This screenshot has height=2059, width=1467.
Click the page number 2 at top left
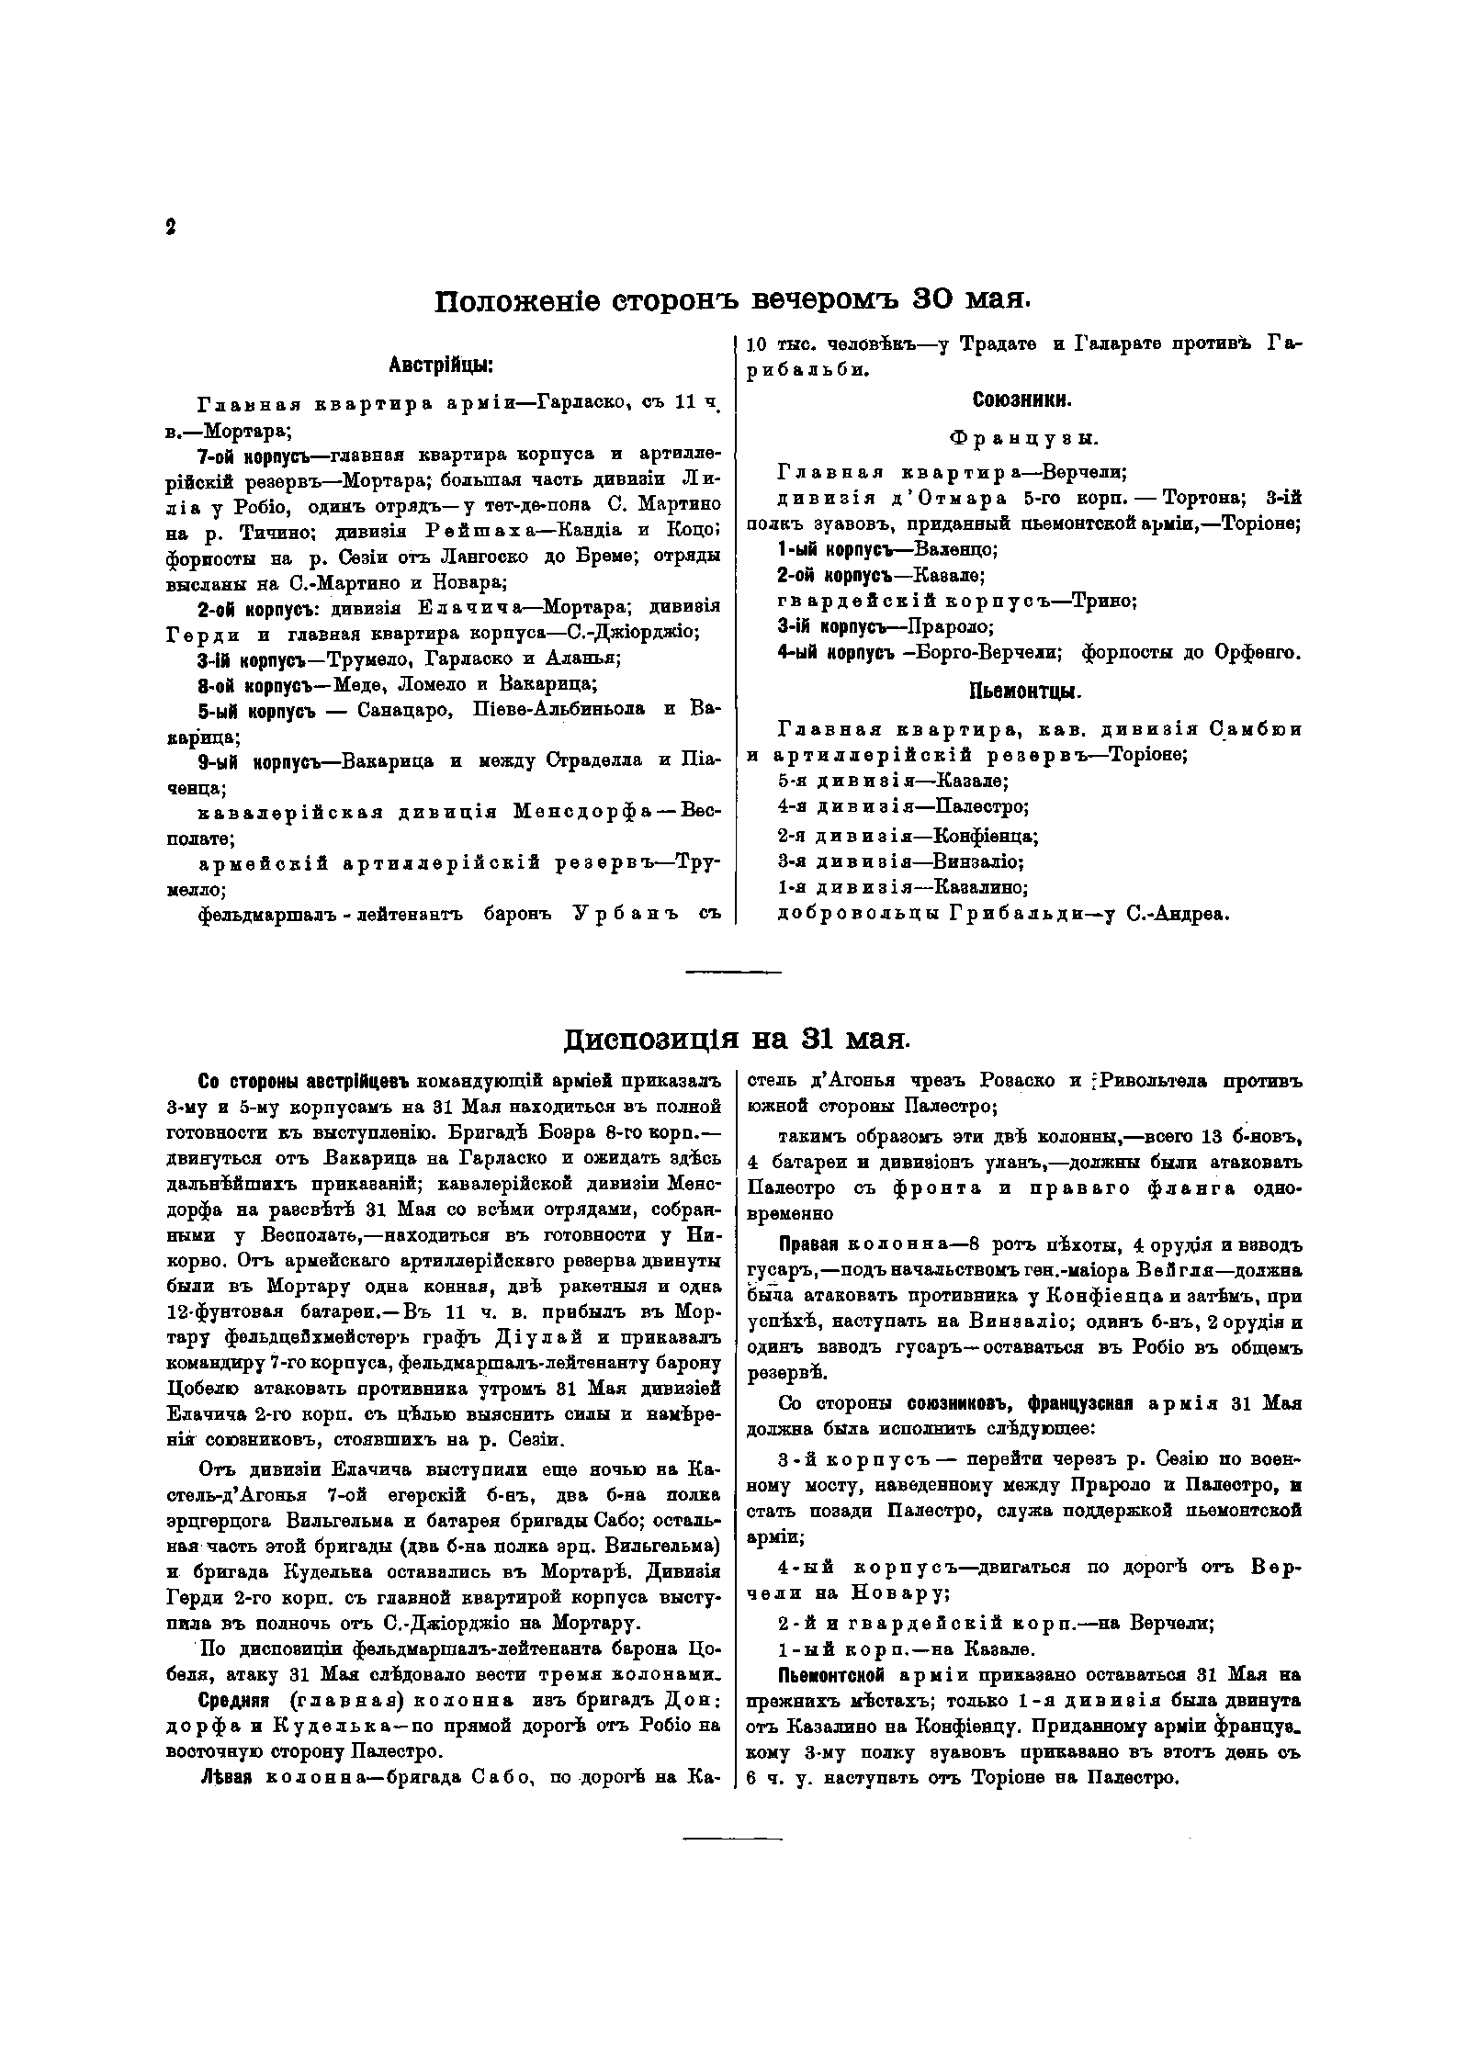click(x=171, y=228)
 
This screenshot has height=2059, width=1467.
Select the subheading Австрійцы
click(x=442, y=365)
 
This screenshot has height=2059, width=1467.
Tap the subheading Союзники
click(x=1022, y=399)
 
